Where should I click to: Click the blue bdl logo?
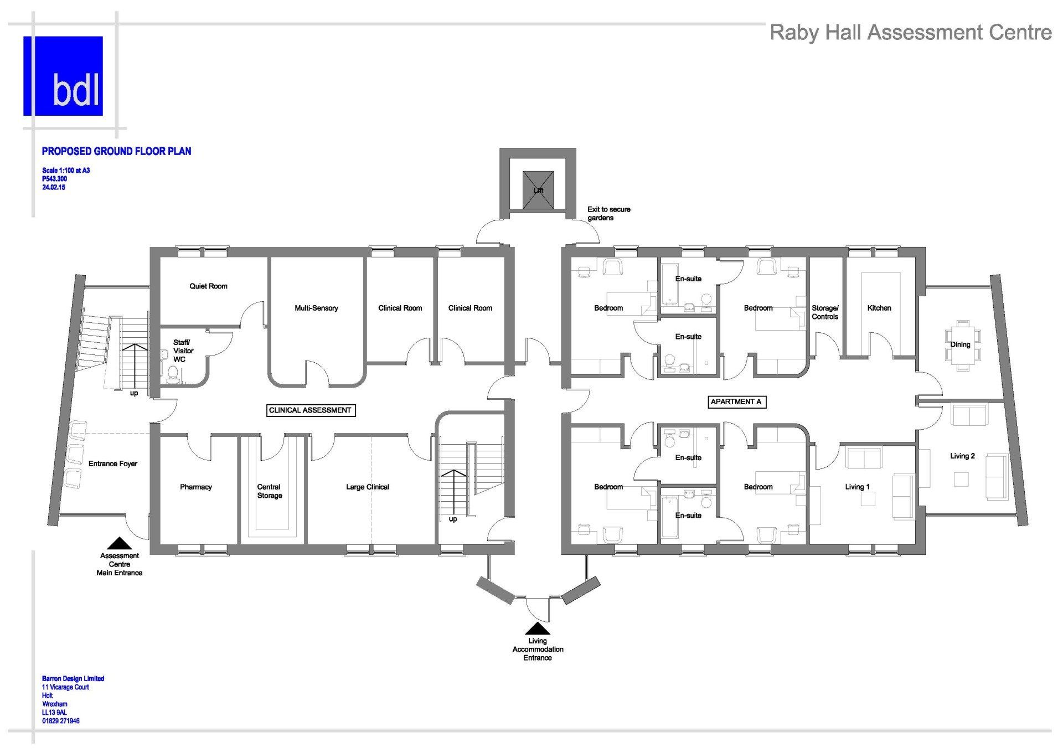point(63,76)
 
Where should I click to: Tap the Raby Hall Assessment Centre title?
point(911,33)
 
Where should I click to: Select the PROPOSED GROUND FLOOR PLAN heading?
point(117,151)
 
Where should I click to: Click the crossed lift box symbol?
point(538,190)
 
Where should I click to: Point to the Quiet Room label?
point(208,286)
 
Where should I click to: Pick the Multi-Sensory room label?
point(316,308)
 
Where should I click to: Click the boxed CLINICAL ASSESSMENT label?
point(310,410)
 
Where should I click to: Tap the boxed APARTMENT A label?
point(736,401)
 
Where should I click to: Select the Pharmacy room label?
point(196,487)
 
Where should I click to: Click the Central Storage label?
point(270,491)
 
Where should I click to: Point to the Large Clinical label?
point(368,487)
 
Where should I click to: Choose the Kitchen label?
point(879,308)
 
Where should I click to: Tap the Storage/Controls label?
point(825,312)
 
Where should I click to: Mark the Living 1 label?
point(857,487)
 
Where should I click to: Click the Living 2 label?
point(962,456)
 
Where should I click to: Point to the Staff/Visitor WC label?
point(183,351)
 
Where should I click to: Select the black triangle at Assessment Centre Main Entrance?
point(119,543)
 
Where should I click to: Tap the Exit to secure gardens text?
point(609,214)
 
